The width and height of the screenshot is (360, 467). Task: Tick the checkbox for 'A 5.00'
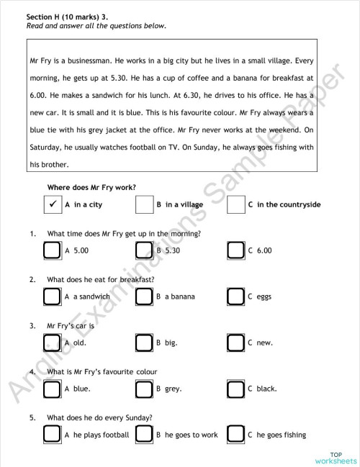[52, 250]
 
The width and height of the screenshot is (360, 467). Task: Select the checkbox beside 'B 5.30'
[144, 250]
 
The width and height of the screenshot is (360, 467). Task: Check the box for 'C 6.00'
[235, 250]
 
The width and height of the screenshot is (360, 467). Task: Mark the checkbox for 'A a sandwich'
[52, 296]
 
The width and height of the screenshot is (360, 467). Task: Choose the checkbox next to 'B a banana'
[144, 296]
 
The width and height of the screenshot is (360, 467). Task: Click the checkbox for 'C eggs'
[235, 296]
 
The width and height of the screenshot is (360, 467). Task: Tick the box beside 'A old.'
[52, 342]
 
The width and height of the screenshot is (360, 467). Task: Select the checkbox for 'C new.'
[235, 342]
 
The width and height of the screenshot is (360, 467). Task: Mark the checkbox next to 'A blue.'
[52, 389]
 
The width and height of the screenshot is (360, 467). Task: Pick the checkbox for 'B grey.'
[144, 389]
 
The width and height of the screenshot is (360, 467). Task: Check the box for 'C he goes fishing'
[235, 435]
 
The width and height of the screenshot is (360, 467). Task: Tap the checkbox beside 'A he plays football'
[52, 435]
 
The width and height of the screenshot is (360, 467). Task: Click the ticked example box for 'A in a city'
[52, 204]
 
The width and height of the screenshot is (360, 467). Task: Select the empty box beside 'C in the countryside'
[235, 204]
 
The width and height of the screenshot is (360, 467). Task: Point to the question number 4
[32, 371]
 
